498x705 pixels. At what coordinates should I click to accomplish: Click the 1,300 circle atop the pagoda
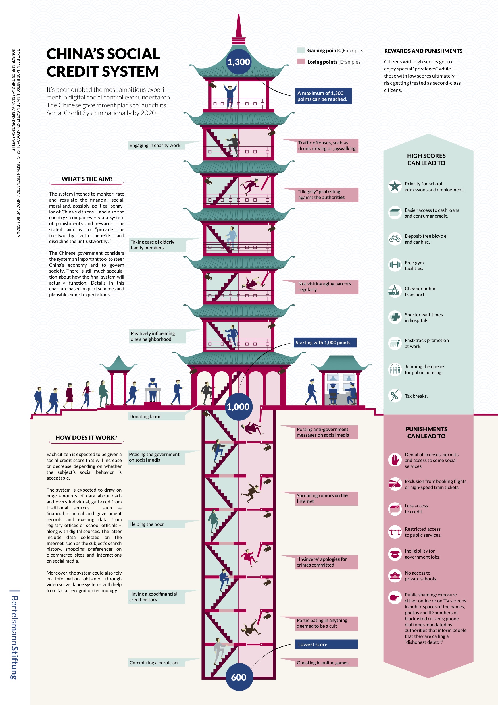pos(238,62)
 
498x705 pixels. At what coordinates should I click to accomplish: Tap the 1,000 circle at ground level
pos(238,407)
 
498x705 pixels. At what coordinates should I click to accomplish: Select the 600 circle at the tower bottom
pos(239,677)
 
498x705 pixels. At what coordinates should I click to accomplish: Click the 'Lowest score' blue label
pos(326,644)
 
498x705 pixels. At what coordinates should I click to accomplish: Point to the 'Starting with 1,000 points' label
pos(325,343)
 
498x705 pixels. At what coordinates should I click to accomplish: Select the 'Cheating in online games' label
pos(326,663)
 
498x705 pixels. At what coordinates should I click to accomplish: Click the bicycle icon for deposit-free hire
pos(395,239)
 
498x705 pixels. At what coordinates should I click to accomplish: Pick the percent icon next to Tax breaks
pos(395,395)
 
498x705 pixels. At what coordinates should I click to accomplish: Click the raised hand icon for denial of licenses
pos(395,460)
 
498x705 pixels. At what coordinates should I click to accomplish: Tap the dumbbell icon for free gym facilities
pos(395,264)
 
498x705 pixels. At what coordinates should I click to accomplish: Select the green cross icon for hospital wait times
pos(395,317)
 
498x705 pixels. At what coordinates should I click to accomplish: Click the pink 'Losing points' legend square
pos(301,61)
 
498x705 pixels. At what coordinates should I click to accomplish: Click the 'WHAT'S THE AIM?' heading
pos(87,179)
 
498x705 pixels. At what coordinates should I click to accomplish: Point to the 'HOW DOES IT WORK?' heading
pos(86,437)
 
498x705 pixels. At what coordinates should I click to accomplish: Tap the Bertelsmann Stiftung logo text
pos(14,637)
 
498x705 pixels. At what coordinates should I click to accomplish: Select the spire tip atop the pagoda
pos(238,15)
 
